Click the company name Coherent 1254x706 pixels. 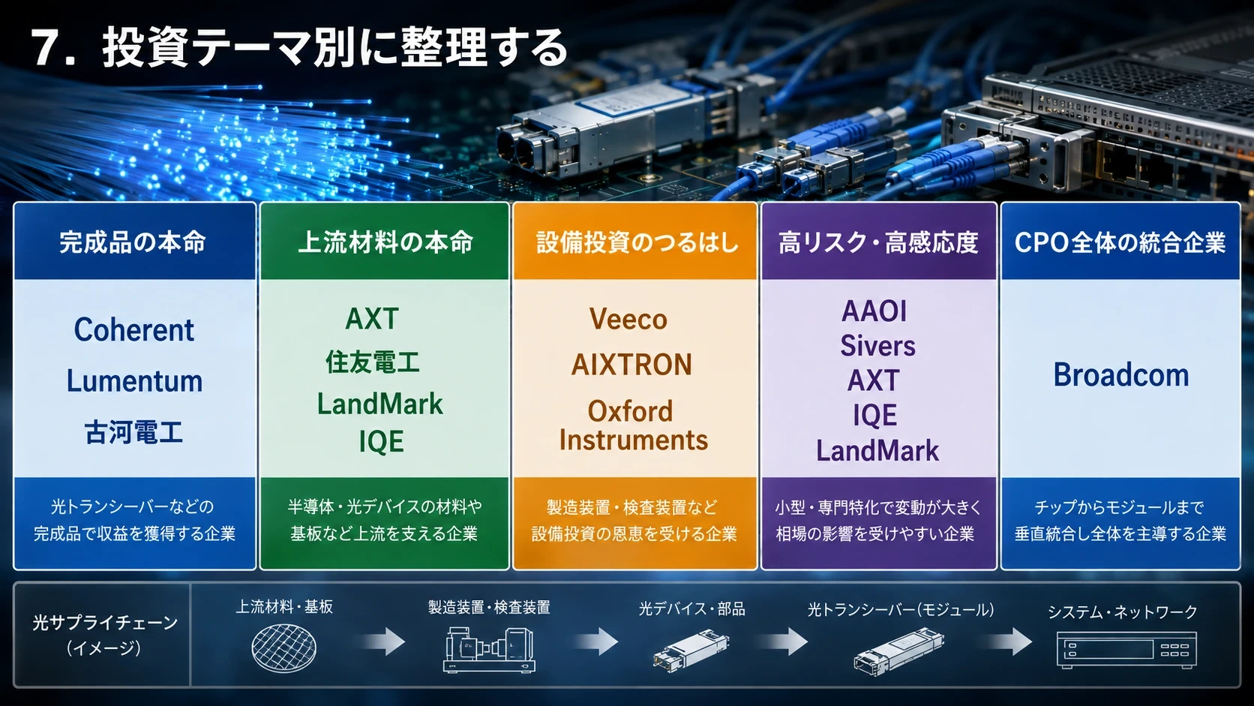pyautogui.click(x=133, y=330)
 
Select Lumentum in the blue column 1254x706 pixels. pyautogui.click(x=134, y=381)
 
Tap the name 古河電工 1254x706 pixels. pyautogui.click(x=133, y=433)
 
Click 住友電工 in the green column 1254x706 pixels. pyautogui.click(x=373, y=362)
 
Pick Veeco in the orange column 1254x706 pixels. pyautogui.click(x=628, y=319)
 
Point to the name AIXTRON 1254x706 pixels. pyautogui.click(x=631, y=365)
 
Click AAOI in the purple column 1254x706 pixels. pyautogui.click(x=874, y=311)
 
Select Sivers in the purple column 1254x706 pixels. pyautogui.click(x=877, y=345)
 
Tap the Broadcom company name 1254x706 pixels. pyautogui.click(x=1120, y=374)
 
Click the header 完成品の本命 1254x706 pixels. pyautogui.click(x=133, y=242)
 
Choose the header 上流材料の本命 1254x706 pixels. pyautogui.click(x=385, y=242)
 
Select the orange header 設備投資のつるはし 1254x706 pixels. pyautogui.click(x=637, y=242)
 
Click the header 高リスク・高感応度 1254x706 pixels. pyautogui.click(x=878, y=242)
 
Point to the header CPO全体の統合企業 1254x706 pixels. pyautogui.click(x=1120, y=242)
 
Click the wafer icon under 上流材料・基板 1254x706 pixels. pyautogui.click(x=283, y=648)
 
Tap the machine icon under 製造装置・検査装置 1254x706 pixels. pyautogui.click(x=489, y=650)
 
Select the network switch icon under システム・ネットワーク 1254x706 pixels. pyautogui.click(x=1126, y=650)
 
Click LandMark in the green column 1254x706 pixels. pyautogui.click(x=379, y=404)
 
